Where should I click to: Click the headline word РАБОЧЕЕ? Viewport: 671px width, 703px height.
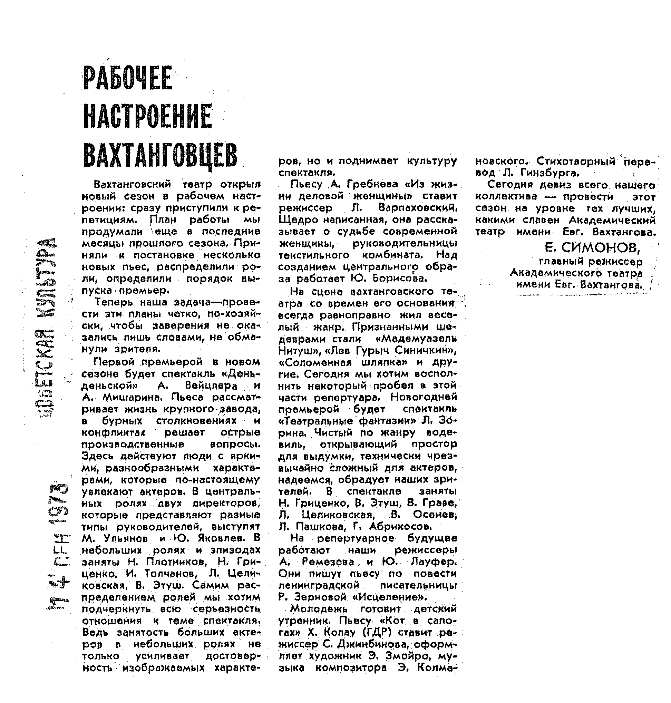128,78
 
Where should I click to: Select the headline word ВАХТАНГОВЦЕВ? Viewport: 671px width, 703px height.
160,156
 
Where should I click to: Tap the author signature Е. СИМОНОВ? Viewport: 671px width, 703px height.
592,247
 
